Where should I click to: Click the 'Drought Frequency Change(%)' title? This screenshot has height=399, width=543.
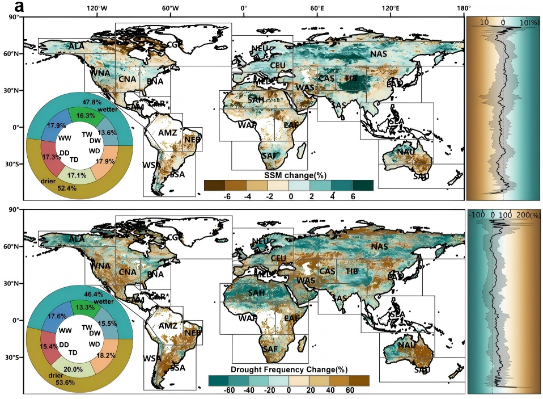pyautogui.click(x=289, y=370)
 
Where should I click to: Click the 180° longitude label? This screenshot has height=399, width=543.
pyautogui.click(x=464, y=9)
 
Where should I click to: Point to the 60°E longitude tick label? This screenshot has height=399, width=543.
pyautogui.click(x=316, y=9)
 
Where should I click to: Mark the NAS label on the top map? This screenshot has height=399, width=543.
pyautogui.click(x=379, y=54)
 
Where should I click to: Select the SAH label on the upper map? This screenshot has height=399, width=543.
pyautogui.click(x=255, y=100)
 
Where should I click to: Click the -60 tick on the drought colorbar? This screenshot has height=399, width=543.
pyautogui.click(x=229, y=390)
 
